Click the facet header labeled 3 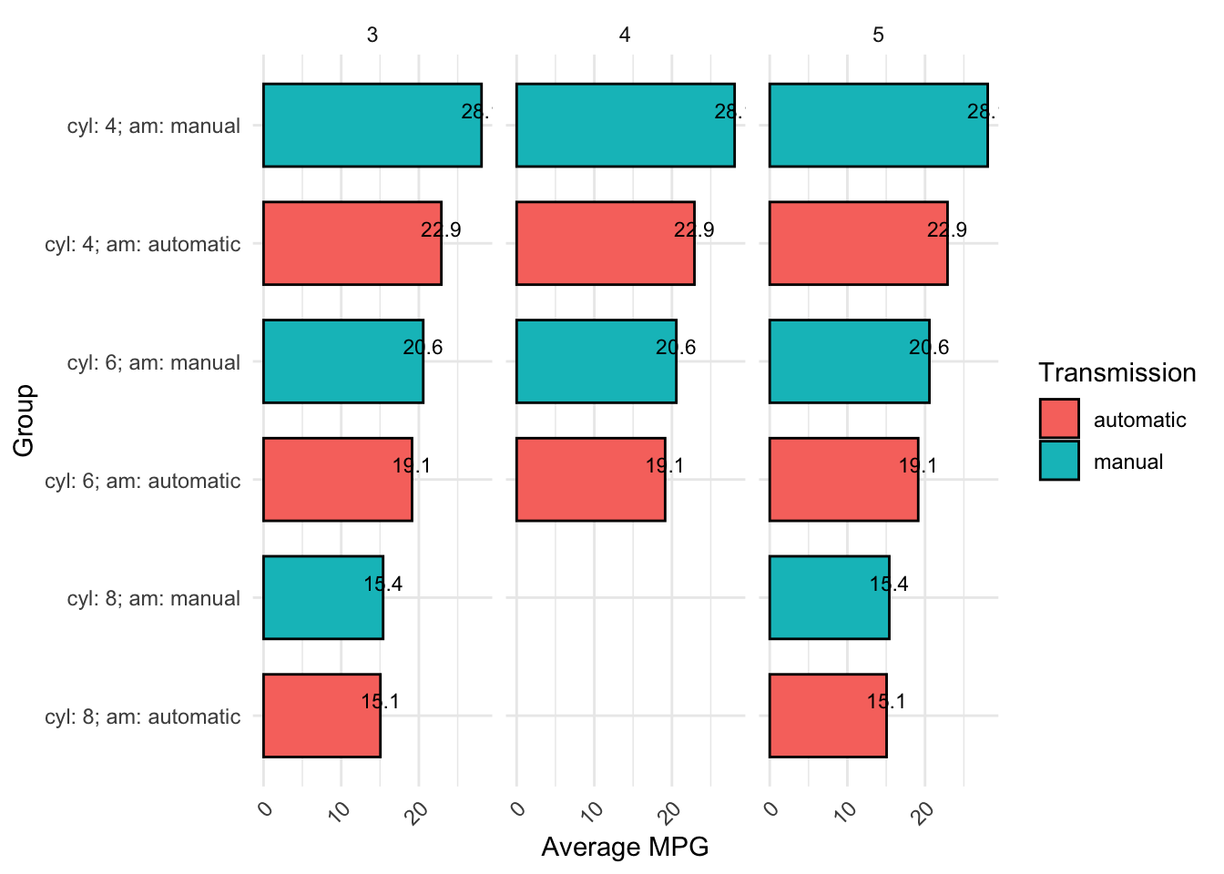(372, 35)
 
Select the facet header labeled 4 (625, 35)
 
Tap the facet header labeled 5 (878, 35)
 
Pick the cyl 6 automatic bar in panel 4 (590, 480)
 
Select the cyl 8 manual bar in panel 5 (829, 597)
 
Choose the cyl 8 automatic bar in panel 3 (321, 716)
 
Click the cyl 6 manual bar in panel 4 (596, 361)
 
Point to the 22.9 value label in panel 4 (694, 230)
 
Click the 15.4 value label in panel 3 (382, 584)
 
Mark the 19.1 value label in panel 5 (918, 466)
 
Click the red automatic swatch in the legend (1059, 419)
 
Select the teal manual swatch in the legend (1059, 461)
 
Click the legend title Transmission (1117, 373)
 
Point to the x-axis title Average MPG (625, 848)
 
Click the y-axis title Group (24, 421)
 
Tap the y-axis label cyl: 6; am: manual (154, 362)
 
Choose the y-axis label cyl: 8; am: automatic (143, 716)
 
